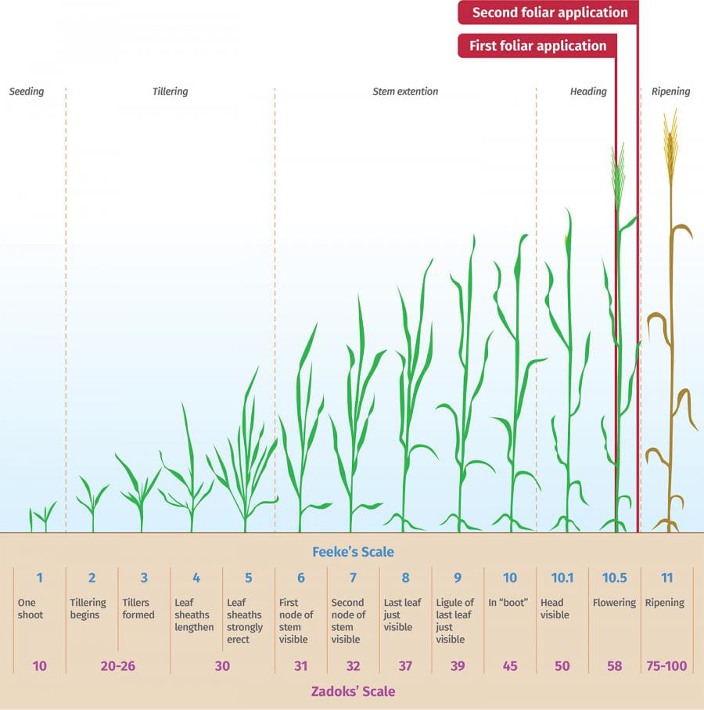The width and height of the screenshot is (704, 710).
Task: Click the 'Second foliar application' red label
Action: [549, 13]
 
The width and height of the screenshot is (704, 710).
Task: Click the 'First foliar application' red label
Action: [537, 46]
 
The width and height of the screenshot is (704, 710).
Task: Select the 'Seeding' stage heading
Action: [27, 92]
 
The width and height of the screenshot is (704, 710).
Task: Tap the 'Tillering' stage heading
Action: [170, 92]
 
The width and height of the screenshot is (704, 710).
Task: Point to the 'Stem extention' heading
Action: [405, 92]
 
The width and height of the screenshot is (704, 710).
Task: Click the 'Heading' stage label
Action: [588, 92]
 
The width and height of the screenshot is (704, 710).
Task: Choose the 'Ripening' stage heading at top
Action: [670, 92]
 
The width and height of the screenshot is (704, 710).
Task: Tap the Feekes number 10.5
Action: [614, 578]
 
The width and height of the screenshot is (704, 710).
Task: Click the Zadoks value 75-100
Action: [666, 666]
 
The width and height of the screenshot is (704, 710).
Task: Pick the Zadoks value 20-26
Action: [118, 666]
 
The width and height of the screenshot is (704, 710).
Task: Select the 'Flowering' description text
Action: [614, 603]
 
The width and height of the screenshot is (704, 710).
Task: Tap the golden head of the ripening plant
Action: [670, 145]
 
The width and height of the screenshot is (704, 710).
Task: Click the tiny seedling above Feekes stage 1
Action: [42, 517]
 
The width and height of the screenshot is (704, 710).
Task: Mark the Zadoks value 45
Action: [510, 666]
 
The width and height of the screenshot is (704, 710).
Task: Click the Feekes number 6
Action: [301, 578]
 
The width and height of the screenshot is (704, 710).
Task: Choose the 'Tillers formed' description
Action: [138, 608]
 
